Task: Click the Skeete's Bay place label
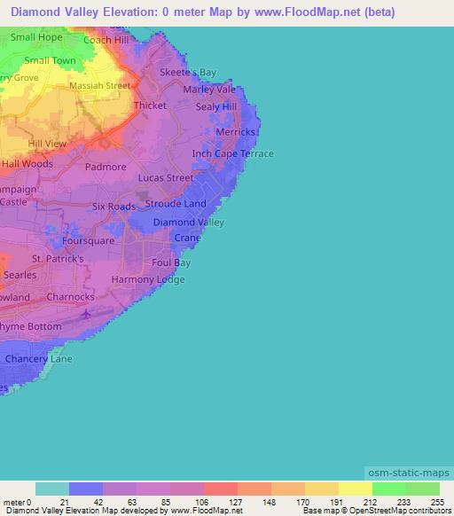(188, 73)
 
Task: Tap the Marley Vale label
(209, 90)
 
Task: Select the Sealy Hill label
(217, 106)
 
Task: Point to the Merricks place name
(235, 132)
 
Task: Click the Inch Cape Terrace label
(233, 153)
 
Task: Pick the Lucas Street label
(166, 178)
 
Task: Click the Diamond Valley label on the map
(189, 223)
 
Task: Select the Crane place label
(187, 238)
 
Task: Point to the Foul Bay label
(171, 262)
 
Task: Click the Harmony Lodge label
(148, 280)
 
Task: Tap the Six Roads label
(114, 207)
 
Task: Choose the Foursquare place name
(88, 240)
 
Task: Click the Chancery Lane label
(39, 359)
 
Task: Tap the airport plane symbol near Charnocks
(85, 314)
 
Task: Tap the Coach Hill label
(106, 40)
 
